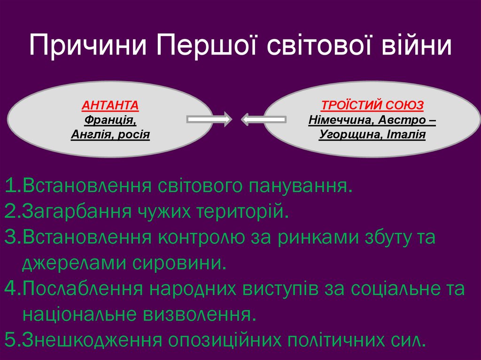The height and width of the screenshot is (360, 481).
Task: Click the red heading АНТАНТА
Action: tap(110, 105)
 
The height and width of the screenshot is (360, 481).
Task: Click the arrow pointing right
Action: tap(209, 120)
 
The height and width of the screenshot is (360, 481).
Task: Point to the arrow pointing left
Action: tap(264, 120)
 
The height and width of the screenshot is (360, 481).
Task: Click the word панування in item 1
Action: tap(299, 186)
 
